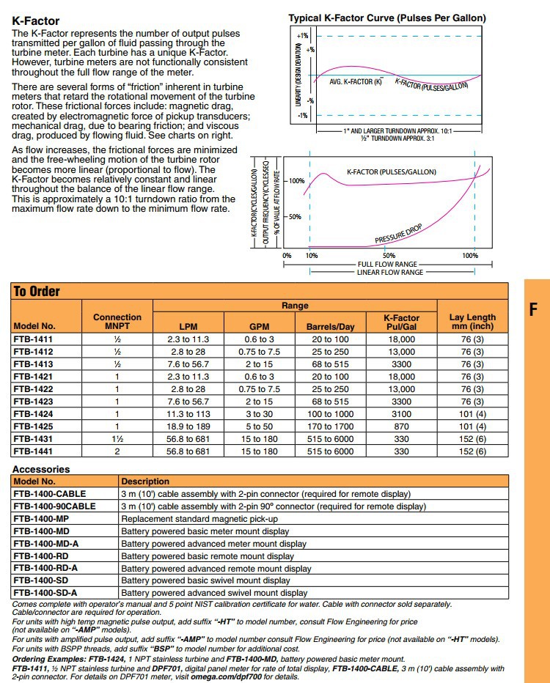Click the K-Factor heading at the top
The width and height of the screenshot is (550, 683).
(x=36, y=21)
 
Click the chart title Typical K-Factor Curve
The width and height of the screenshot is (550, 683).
(x=386, y=18)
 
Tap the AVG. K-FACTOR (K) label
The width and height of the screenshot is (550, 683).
(x=356, y=81)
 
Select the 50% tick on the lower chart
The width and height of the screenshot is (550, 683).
(x=294, y=217)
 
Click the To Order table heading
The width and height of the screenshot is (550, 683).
(x=37, y=291)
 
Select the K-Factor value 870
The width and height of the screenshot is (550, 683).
(x=401, y=427)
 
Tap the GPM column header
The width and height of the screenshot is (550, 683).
(x=260, y=327)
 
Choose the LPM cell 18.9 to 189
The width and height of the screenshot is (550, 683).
(x=188, y=427)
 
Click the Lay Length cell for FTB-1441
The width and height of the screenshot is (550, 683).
(x=472, y=451)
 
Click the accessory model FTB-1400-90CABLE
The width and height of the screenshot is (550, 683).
(x=54, y=506)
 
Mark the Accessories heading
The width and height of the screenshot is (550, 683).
(x=41, y=469)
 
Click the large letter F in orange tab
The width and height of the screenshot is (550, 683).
(x=534, y=309)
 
